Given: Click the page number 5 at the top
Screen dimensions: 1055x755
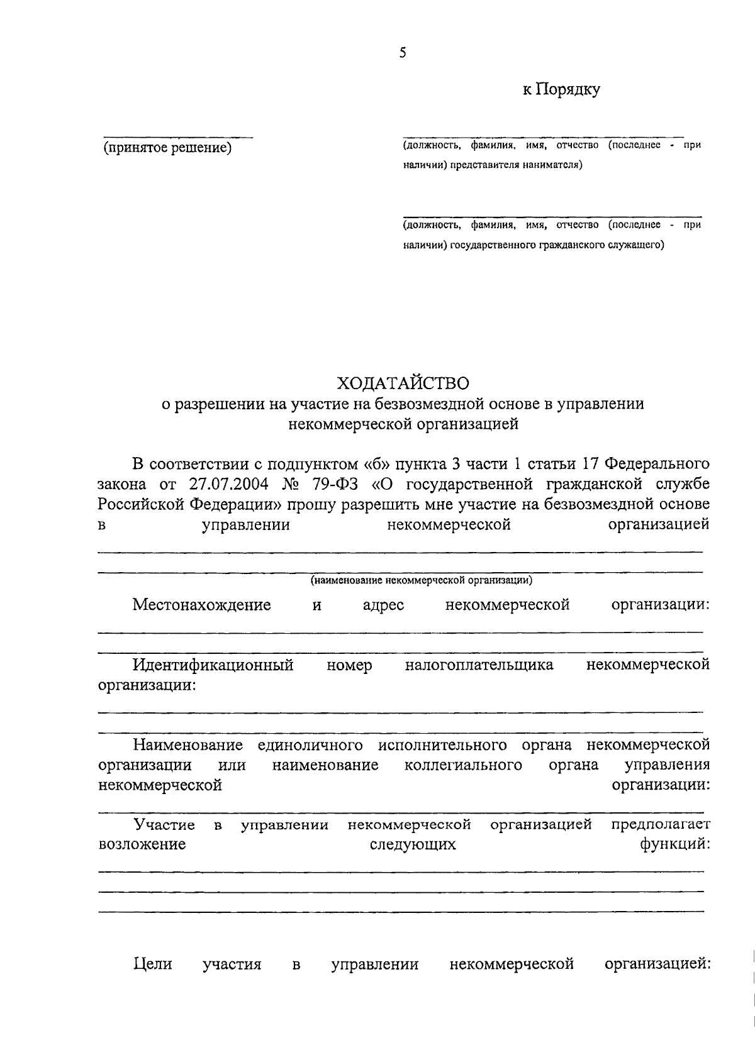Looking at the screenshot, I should (x=403, y=53).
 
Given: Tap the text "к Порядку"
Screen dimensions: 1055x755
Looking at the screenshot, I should (x=561, y=90).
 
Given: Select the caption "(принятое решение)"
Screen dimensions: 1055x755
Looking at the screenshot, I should (x=168, y=148).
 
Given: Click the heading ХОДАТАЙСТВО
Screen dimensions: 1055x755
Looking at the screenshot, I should (x=403, y=383).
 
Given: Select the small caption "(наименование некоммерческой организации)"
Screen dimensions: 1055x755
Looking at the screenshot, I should (x=422, y=580).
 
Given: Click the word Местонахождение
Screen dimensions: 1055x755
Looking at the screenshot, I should (x=201, y=605).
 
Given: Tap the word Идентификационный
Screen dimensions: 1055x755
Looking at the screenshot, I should (x=213, y=665).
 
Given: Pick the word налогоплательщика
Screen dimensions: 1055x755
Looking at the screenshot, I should (x=479, y=665).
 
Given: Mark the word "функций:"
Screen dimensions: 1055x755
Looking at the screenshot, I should (x=675, y=844).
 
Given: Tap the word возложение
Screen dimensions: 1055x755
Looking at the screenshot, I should (x=142, y=844).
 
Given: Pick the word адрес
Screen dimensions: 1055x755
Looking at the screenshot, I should (x=384, y=605).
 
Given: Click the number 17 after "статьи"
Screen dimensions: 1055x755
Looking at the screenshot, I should (x=590, y=464).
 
